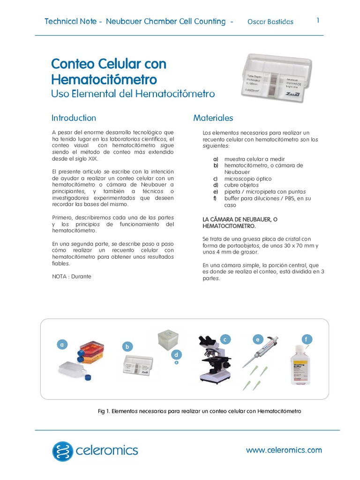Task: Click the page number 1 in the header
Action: (x=318, y=20)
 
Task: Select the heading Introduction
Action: (x=74, y=118)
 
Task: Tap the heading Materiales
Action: (x=213, y=118)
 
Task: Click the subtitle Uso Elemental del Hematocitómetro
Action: (x=133, y=94)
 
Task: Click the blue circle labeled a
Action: (x=61, y=345)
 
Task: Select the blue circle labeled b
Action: (x=126, y=347)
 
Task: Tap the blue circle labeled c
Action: (x=225, y=339)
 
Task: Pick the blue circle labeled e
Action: (x=257, y=339)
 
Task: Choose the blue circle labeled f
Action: (x=307, y=339)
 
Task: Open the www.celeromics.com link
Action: (x=284, y=450)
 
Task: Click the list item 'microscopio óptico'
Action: (x=247, y=179)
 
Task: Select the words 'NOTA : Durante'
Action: (x=72, y=277)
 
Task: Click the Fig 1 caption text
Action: (x=199, y=411)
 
